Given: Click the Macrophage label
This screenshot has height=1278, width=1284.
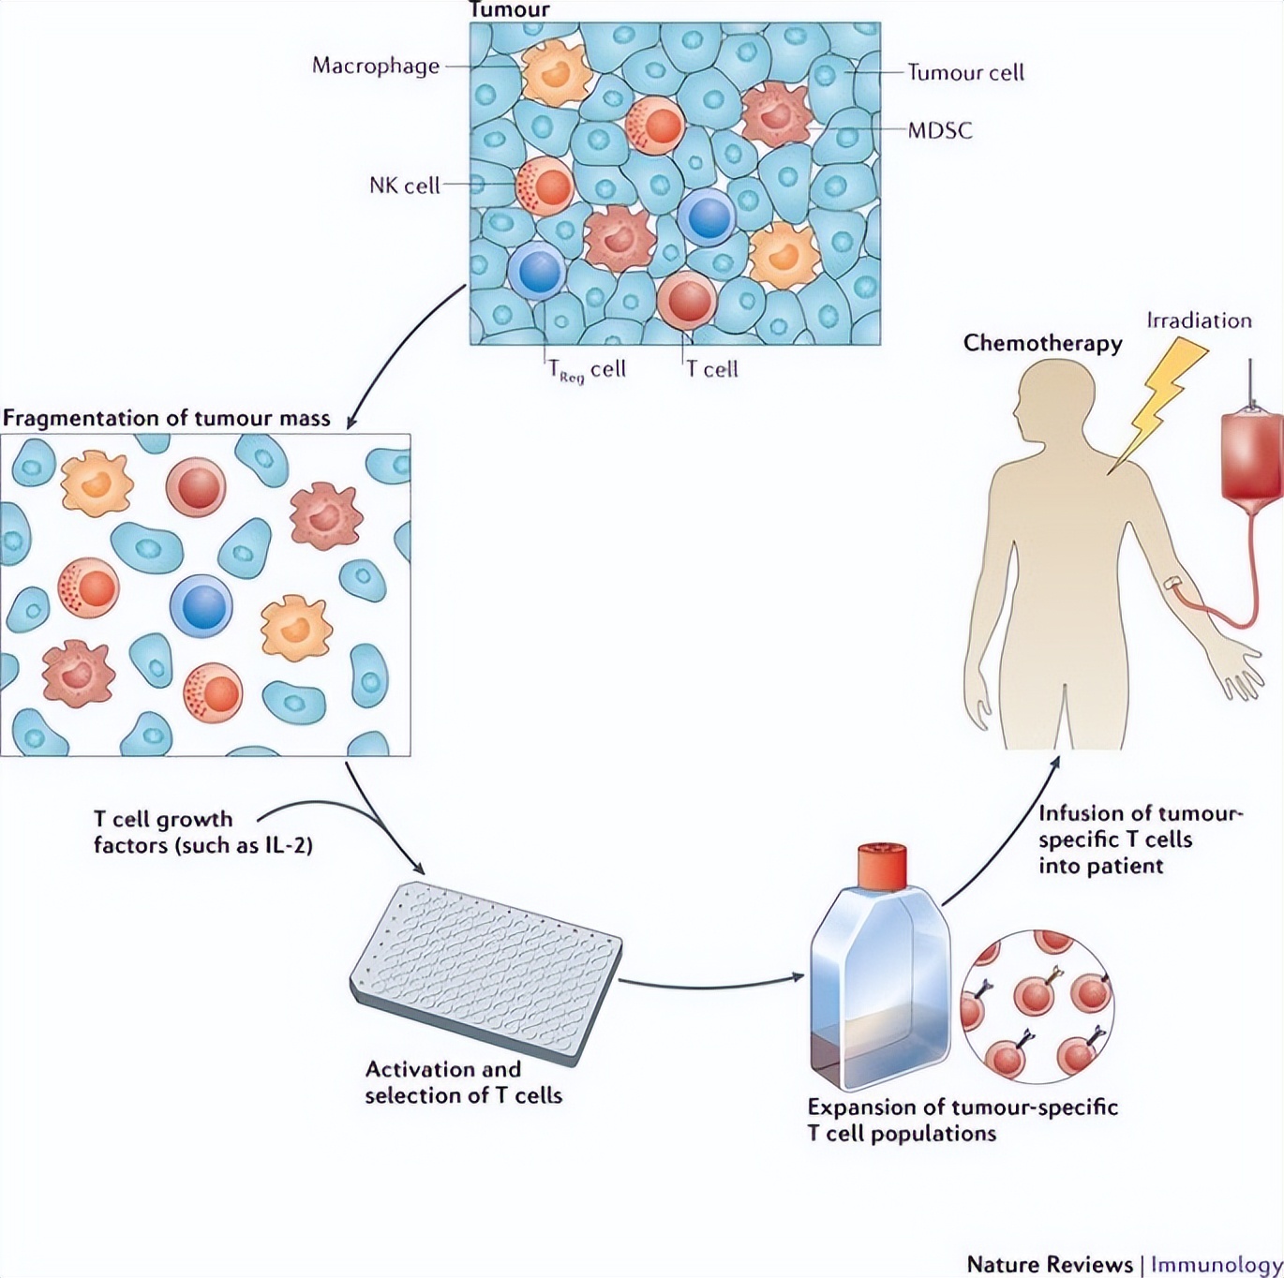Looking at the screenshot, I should [375, 66].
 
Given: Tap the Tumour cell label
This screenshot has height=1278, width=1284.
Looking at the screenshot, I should [965, 72].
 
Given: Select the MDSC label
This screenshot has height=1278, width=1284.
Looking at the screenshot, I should [940, 130].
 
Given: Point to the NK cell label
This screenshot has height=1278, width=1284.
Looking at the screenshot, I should [404, 186].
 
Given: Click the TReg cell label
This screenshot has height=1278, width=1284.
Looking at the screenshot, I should [587, 370].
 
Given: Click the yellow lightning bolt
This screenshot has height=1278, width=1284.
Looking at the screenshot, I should [1158, 403].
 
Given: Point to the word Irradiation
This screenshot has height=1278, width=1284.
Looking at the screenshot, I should [1199, 320].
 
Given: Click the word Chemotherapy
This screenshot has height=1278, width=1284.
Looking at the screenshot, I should [1042, 343].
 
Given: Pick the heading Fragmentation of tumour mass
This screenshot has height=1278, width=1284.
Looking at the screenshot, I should [167, 418].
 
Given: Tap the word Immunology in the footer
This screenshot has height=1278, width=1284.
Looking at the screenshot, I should [1216, 1264].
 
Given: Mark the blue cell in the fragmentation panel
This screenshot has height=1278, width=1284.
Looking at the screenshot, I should [201, 606].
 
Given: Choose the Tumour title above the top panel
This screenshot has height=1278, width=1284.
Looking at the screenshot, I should [509, 10].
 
